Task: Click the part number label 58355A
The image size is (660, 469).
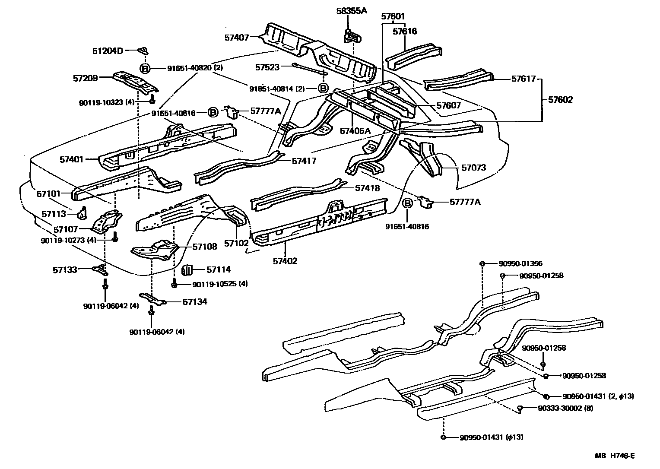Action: tap(351, 10)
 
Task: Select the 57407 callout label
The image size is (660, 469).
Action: tap(236, 38)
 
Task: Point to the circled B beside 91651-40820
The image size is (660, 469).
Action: tap(145, 68)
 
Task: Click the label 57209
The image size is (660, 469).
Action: tap(85, 78)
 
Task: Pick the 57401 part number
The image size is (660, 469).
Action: tap(72, 159)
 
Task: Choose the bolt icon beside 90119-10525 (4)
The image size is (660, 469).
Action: tap(174, 284)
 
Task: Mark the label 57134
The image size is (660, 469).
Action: tap(194, 301)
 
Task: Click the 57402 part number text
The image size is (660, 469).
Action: tap(285, 261)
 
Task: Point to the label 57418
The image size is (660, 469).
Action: tap(367, 188)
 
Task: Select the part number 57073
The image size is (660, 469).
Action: tap(474, 168)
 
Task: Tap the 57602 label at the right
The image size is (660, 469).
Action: tap(560, 100)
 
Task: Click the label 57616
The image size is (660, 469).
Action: tap(405, 31)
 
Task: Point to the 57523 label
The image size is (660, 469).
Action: tap(267, 67)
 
